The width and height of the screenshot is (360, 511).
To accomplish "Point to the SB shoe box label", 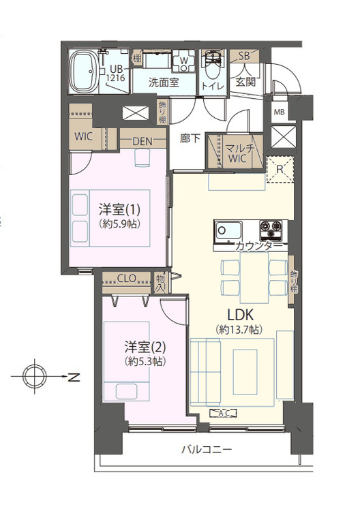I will (243, 57).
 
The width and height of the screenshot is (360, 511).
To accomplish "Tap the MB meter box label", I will (280, 112).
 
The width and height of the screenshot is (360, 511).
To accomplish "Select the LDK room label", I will (239, 314).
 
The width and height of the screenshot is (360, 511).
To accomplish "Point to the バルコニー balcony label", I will (207, 450).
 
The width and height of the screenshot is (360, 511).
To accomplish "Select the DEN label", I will (142, 142).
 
